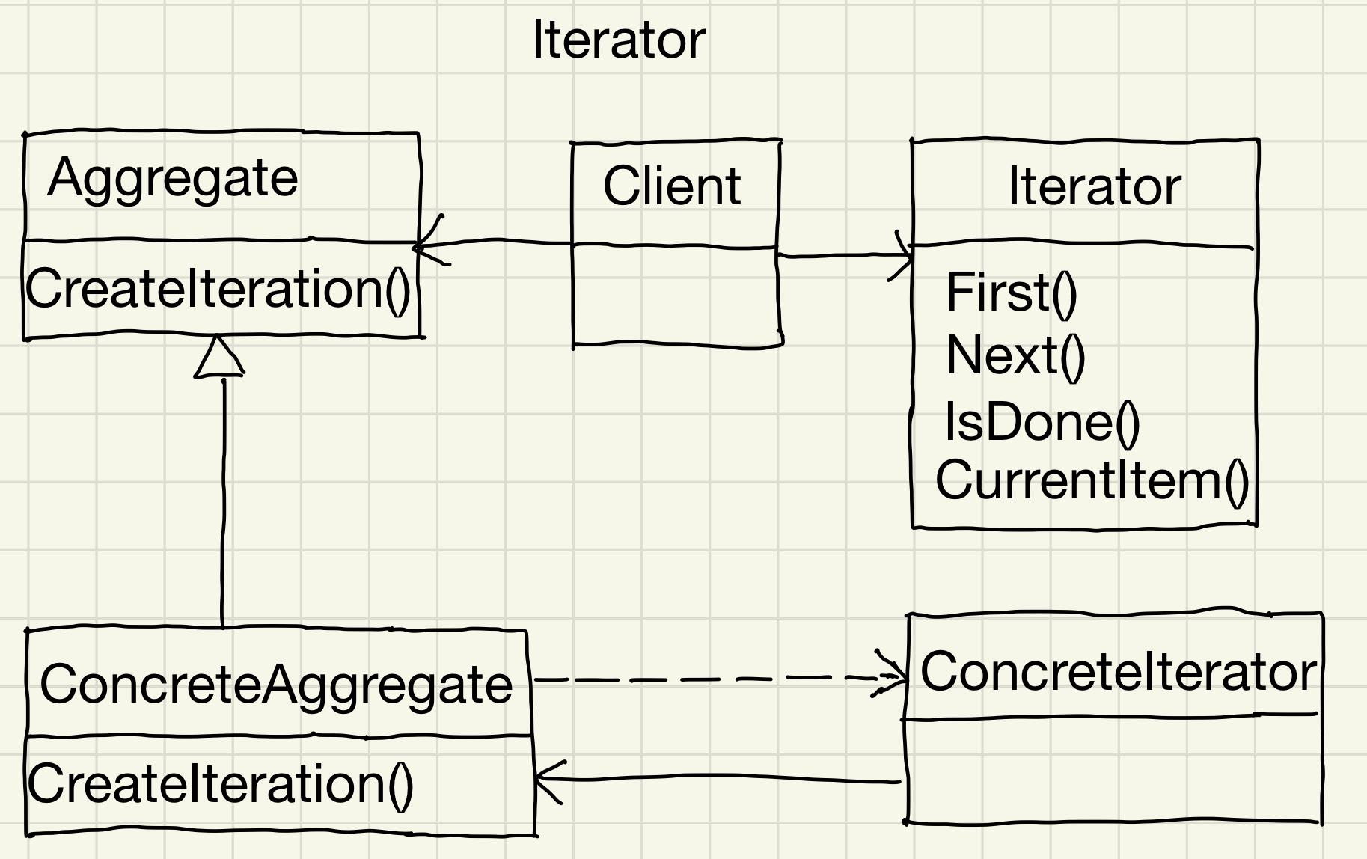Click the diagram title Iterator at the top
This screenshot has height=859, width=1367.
618,40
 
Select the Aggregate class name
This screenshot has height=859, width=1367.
173,179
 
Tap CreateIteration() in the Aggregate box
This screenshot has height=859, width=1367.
218,290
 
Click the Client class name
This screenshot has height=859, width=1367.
672,187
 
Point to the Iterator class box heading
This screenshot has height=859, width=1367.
1094,187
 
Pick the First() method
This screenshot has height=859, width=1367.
1011,293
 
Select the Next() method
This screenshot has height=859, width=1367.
1015,356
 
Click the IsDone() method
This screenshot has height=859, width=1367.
1042,422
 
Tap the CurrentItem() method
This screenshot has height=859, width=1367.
1092,480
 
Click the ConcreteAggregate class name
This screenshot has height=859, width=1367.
276,684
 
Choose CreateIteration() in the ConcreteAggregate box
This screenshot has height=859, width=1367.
220,784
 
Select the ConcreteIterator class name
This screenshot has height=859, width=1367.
1117,672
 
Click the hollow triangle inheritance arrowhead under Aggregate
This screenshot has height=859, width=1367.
218,358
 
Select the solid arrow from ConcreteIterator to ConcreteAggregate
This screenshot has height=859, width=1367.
718,779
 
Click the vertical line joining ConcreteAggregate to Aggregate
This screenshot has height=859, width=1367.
223,501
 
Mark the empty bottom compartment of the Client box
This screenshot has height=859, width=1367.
675,296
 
